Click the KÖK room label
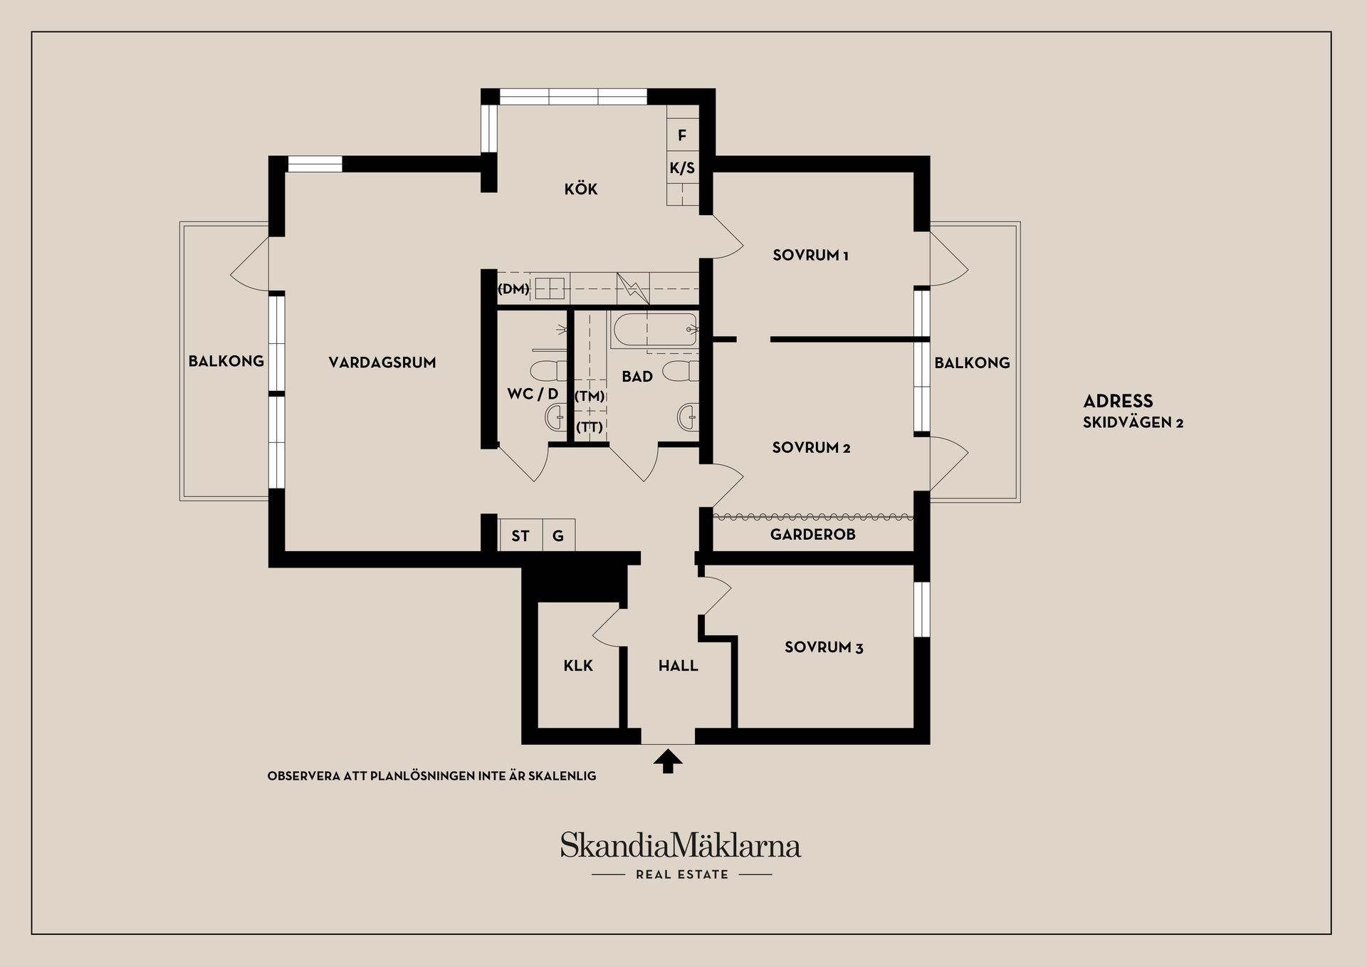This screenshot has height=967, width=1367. click(581, 189)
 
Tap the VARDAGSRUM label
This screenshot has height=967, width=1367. click(382, 362)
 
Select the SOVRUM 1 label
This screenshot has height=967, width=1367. click(810, 256)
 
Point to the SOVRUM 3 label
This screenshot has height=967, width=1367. click(824, 647)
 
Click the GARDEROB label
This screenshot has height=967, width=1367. click(812, 535)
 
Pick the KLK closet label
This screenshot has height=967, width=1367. click(578, 666)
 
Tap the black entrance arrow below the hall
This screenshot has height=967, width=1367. click(668, 761)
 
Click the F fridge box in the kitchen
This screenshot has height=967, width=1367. click(682, 135)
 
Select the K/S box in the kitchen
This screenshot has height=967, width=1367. click(682, 169)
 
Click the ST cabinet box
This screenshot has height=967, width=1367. click(520, 536)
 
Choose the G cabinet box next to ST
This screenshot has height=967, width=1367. click(558, 536)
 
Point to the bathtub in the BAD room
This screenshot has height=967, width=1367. click(654, 330)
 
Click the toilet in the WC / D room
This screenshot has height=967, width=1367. click(548, 371)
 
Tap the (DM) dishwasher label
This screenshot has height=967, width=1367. click(513, 289)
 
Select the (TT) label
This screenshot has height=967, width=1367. click(590, 427)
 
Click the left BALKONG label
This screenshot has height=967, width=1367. click(226, 362)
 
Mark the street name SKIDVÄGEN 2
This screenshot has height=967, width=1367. click(1133, 423)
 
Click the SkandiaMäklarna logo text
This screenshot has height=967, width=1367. click(681, 846)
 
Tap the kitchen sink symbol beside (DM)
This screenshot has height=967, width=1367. click(550, 288)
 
